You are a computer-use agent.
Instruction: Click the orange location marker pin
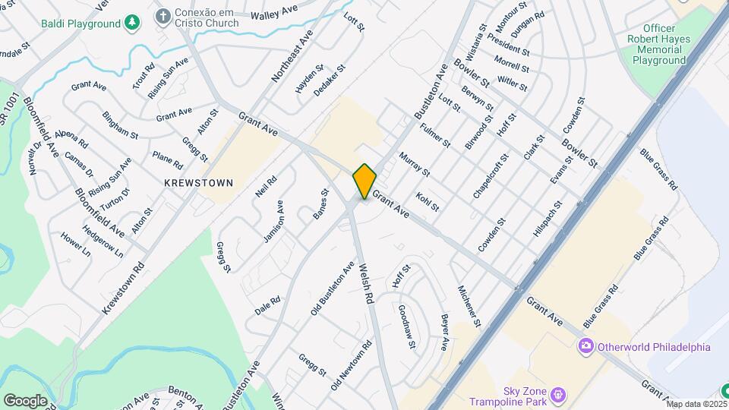(364, 181)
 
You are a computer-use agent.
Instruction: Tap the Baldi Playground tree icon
(133, 23)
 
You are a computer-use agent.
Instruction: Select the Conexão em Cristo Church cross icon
(163, 16)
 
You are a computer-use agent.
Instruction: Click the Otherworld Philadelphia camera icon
(585, 347)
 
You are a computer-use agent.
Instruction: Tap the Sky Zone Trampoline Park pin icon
(558, 394)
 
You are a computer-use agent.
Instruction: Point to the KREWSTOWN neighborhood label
(198, 183)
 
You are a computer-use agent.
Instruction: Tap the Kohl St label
(428, 201)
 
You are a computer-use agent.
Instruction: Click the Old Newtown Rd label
(351, 366)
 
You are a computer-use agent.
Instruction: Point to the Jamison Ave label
(273, 221)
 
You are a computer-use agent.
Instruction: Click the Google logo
(25, 400)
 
